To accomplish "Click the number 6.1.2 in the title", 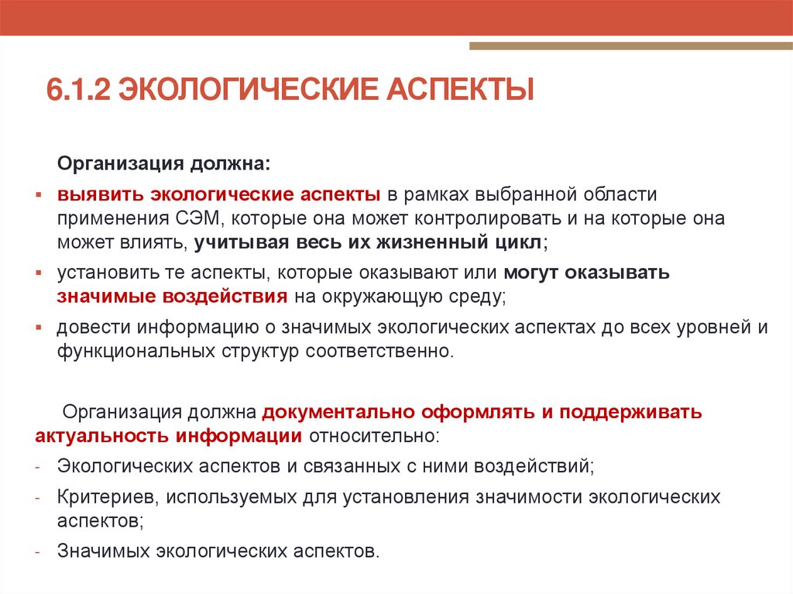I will [x=77, y=89].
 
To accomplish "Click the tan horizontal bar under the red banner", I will [x=630, y=46].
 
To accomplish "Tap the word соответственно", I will [x=377, y=351].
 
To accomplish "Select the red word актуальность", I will [x=101, y=434].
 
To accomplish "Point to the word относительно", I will [x=373, y=434].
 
